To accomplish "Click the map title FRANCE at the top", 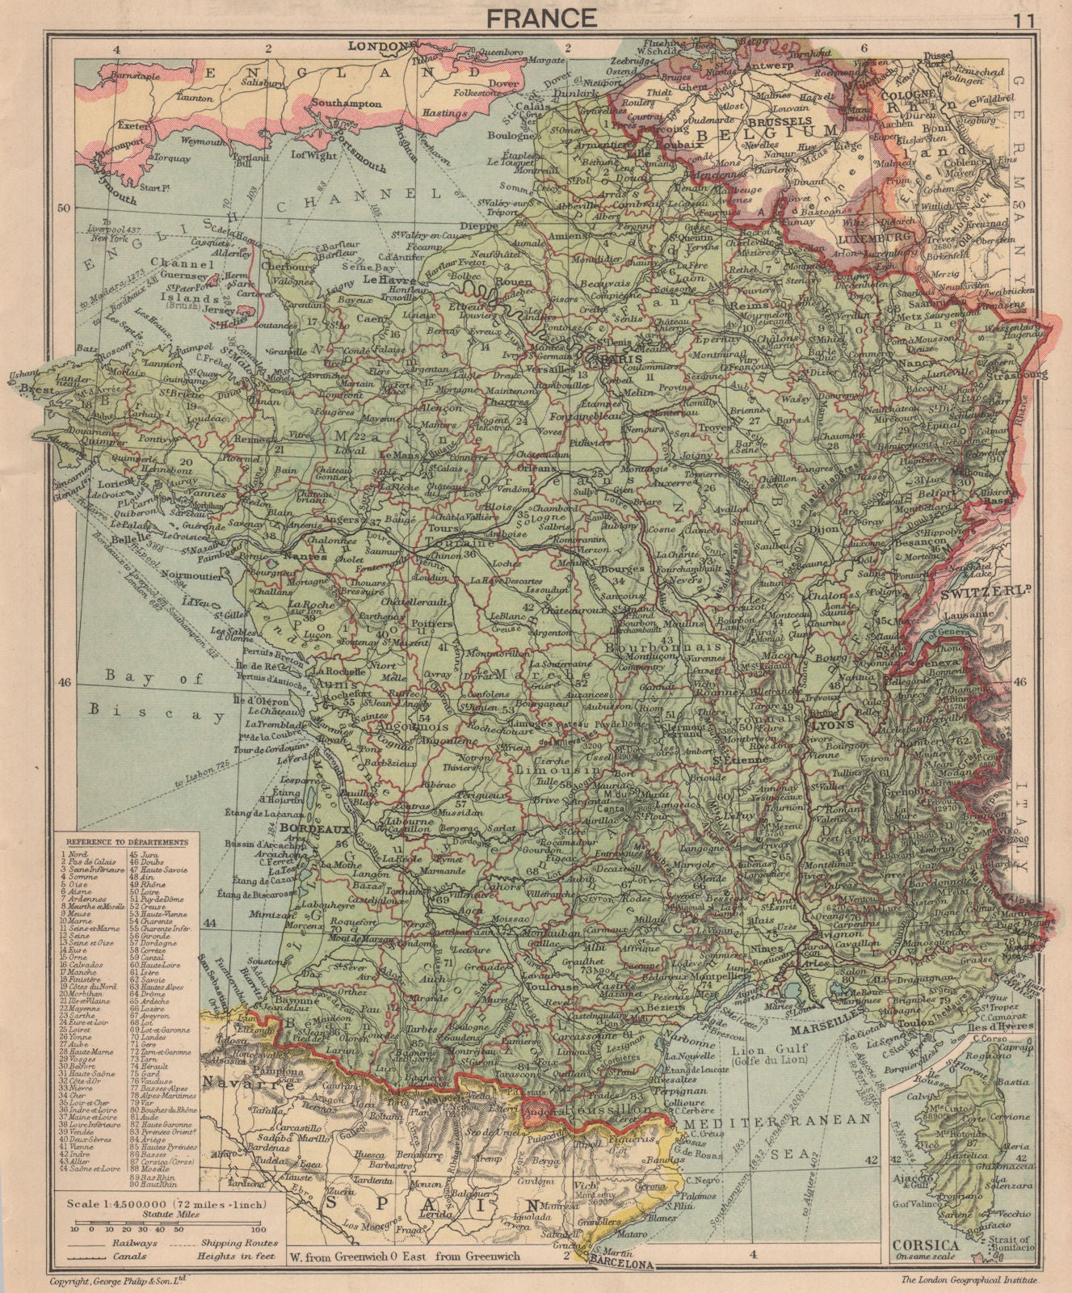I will tap(536, 17).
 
